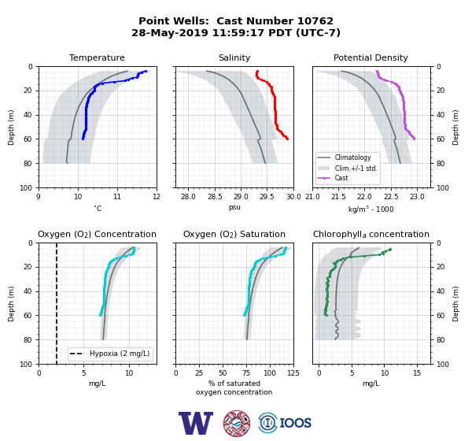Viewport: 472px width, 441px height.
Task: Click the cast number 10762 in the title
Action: tap(315, 21)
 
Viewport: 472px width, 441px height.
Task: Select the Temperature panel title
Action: tap(97, 57)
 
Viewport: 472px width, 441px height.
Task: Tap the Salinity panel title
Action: tap(234, 57)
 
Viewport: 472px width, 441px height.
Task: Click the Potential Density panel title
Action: tap(371, 57)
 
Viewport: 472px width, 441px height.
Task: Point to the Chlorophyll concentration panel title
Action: tap(371, 234)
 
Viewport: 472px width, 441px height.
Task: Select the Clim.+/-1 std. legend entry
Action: tap(348, 168)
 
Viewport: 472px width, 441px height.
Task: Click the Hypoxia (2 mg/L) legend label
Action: tap(120, 354)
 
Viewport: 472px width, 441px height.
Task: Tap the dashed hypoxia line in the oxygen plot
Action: tap(57, 303)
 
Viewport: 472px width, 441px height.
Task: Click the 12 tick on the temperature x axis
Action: tap(157, 197)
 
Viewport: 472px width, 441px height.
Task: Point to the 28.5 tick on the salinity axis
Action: tap(215, 197)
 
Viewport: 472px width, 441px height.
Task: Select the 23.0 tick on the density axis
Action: tap(417, 197)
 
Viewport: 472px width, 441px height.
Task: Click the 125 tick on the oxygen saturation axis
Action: tap(293, 373)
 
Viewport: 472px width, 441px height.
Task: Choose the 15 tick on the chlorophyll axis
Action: tap(417, 373)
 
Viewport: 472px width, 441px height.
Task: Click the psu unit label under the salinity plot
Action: tap(234, 207)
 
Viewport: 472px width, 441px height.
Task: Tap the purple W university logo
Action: tap(196, 423)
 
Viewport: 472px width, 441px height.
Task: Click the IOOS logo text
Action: tap(295, 423)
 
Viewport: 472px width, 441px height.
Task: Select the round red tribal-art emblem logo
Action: tap(237, 423)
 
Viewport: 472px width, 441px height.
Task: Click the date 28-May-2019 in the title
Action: tap(169, 32)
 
